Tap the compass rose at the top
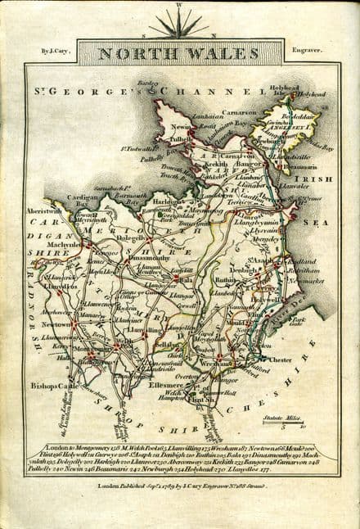178,25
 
